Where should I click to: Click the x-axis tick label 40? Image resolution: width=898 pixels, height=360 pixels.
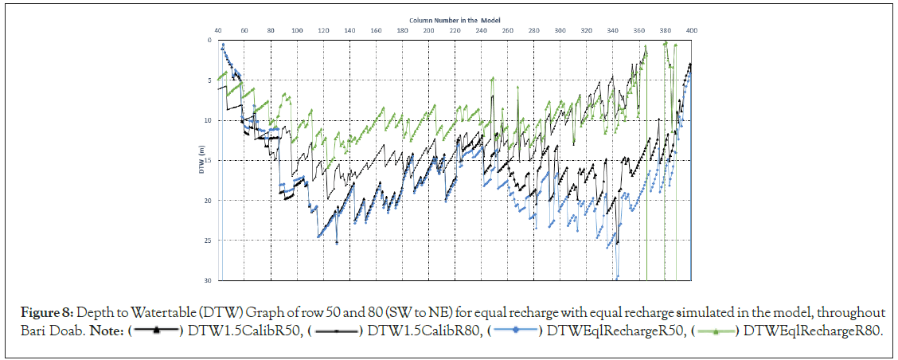(218, 30)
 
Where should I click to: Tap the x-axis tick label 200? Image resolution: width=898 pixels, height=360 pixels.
(429, 30)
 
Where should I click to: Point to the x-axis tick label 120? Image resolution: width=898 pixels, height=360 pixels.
(323, 30)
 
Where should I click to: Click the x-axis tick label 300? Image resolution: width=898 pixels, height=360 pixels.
(560, 30)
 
